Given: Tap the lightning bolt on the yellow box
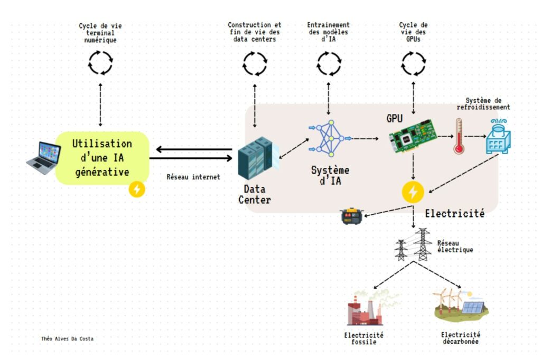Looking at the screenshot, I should tap(137, 189).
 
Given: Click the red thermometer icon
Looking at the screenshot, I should tap(458, 136).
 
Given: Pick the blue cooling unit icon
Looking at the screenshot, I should tap(499, 136).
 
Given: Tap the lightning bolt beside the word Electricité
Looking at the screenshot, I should tap(413, 192).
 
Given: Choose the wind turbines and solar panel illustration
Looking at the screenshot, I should tap(460, 304).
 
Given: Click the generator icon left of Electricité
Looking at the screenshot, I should tap(351, 215).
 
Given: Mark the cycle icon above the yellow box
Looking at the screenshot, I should tap(100, 62).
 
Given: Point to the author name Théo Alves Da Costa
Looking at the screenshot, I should tap(67, 338).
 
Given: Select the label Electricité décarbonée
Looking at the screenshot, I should tap(460, 338).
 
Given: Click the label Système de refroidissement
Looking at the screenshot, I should tap(487, 103).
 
